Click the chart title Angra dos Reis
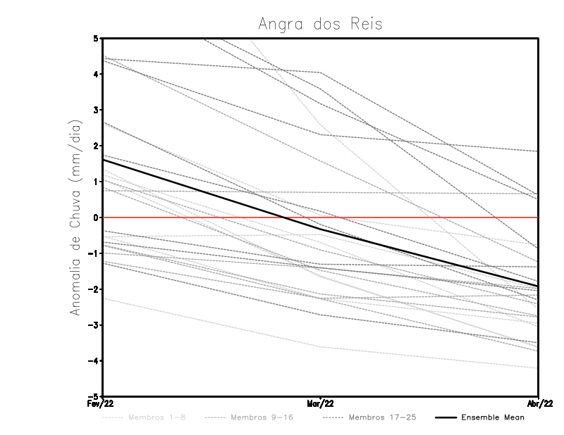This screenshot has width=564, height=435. pos(320,24)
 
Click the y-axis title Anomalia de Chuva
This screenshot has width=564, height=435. pos(75,217)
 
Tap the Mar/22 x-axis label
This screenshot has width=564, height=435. pos(321,403)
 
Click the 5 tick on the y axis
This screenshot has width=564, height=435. pos(97,38)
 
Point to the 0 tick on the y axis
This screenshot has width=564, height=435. pos(97,217)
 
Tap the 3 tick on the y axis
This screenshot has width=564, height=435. pos(97,110)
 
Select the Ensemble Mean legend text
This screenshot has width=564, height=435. pos(492,417)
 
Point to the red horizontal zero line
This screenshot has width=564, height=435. pos(423,217)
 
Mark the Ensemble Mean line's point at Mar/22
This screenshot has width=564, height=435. pos(321,229)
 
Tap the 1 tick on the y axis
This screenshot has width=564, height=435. pos(97,182)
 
